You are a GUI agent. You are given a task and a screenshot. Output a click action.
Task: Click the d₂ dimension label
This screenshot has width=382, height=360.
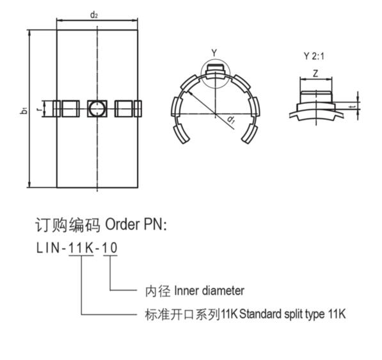click(94, 15)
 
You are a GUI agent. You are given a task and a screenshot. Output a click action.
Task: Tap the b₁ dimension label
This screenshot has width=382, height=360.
click(24, 110)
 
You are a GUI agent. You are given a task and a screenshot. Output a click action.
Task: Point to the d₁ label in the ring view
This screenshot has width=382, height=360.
click(231, 120)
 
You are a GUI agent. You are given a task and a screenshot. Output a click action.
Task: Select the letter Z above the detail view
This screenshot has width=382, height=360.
click(315, 73)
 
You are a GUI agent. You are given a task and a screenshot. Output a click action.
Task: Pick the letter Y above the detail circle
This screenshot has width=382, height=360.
click(214, 53)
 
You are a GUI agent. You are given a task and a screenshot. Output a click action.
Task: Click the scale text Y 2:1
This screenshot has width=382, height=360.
click(314, 56)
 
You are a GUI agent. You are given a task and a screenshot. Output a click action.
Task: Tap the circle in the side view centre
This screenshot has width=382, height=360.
click(97, 109)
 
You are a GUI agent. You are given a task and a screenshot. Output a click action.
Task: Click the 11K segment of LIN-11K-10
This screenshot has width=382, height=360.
click(81, 248)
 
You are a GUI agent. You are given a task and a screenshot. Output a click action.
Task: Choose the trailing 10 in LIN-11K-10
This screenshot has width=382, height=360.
click(110, 248)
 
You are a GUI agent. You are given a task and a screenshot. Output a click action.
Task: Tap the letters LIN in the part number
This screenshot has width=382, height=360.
click(48, 248)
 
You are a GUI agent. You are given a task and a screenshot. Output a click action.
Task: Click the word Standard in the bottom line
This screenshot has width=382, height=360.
click(260, 314)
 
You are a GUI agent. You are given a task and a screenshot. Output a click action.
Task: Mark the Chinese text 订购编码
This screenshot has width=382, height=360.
click(67, 225)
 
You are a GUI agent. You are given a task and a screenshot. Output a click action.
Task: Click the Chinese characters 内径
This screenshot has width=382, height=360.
click(157, 291)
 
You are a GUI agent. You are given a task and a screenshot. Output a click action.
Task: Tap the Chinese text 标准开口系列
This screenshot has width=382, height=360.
click(182, 314)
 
